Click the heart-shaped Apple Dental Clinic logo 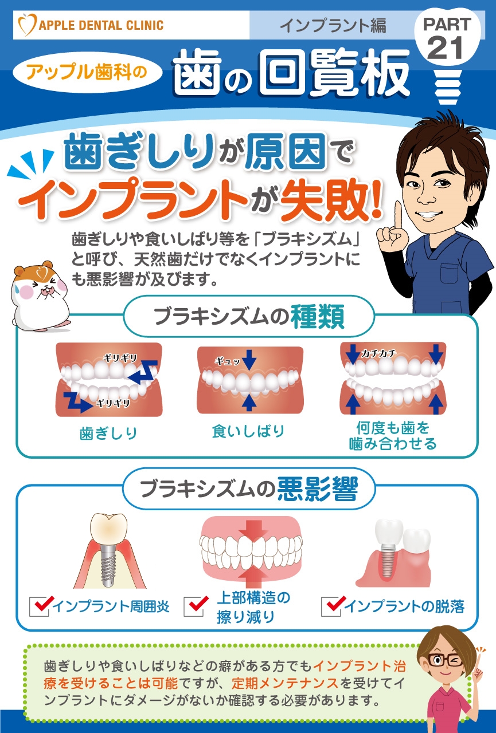[x=27, y=24]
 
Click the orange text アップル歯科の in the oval [x=87, y=72]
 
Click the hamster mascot [x=41, y=295]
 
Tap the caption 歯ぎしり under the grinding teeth [x=108, y=434]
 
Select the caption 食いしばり [x=248, y=431]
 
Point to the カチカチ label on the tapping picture [x=378, y=353]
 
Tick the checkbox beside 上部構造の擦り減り [x=194, y=606]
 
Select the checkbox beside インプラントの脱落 [x=331, y=606]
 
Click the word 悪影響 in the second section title [x=317, y=489]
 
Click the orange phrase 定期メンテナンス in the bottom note [x=285, y=683]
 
